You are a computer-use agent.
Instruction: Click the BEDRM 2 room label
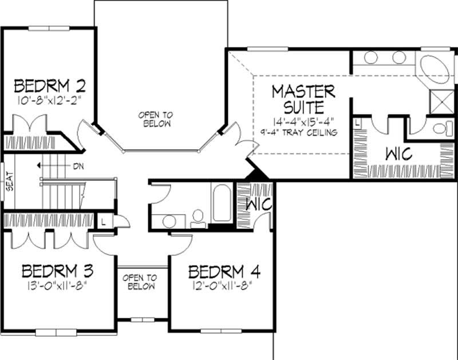[50, 86]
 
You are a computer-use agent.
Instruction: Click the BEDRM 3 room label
[57, 270]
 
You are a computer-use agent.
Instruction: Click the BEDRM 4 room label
[224, 271]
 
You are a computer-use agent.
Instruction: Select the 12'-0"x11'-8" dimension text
[223, 284]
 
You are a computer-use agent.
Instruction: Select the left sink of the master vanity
[371, 58]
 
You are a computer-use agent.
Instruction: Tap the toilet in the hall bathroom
[198, 217]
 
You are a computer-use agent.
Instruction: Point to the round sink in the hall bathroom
[169, 220]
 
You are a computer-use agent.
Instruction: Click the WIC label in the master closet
[399, 154]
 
